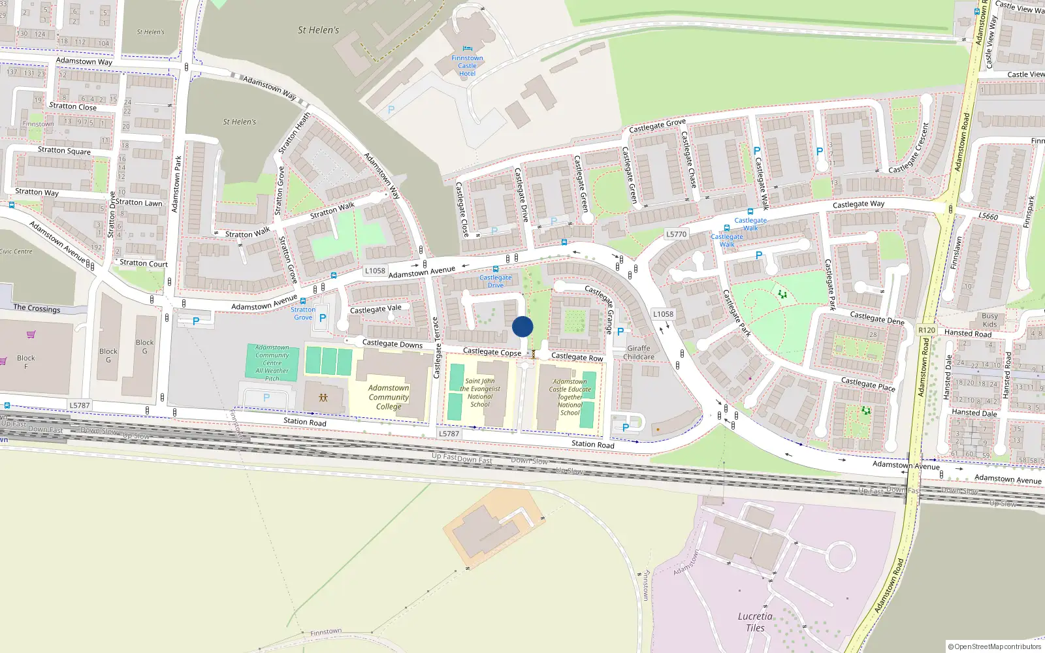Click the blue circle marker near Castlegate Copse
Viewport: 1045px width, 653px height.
point(522,326)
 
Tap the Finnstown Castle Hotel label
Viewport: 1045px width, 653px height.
point(467,65)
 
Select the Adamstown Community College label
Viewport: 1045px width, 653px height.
point(389,397)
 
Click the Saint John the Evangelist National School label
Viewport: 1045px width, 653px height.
point(480,392)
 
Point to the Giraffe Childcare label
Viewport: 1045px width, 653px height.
point(639,353)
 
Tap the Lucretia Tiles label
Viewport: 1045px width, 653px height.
point(755,622)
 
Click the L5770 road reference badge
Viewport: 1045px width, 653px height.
point(676,234)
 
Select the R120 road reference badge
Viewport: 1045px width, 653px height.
point(927,330)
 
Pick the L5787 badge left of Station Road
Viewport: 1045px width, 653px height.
point(80,406)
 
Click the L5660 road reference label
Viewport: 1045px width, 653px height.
point(988,216)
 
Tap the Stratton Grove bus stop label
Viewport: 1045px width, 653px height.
point(303,313)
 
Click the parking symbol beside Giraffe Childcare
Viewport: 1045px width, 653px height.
point(620,332)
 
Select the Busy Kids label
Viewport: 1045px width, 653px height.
point(989,320)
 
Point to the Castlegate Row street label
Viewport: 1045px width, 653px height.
point(577,357)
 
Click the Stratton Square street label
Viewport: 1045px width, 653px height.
point(64,150)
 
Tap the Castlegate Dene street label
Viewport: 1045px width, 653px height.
point(877,318)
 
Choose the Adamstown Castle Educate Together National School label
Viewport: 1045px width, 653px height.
point(570,397)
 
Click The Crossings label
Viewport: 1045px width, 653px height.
point(37,308)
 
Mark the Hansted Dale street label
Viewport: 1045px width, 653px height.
point(974,413)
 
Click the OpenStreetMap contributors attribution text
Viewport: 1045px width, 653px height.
point(995,646)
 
